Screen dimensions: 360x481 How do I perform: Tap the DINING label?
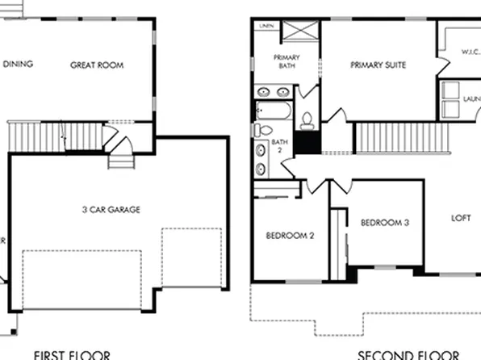(x=17, y=64)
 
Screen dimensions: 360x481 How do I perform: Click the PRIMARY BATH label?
(x=287, y=62)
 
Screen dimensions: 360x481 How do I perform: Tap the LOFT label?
(x=460, y=217)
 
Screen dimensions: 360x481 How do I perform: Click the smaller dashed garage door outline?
(x=191, y=257)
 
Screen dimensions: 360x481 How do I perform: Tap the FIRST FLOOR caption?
(x=71, y=354)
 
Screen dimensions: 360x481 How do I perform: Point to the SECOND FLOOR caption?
(x=408, y=354)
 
